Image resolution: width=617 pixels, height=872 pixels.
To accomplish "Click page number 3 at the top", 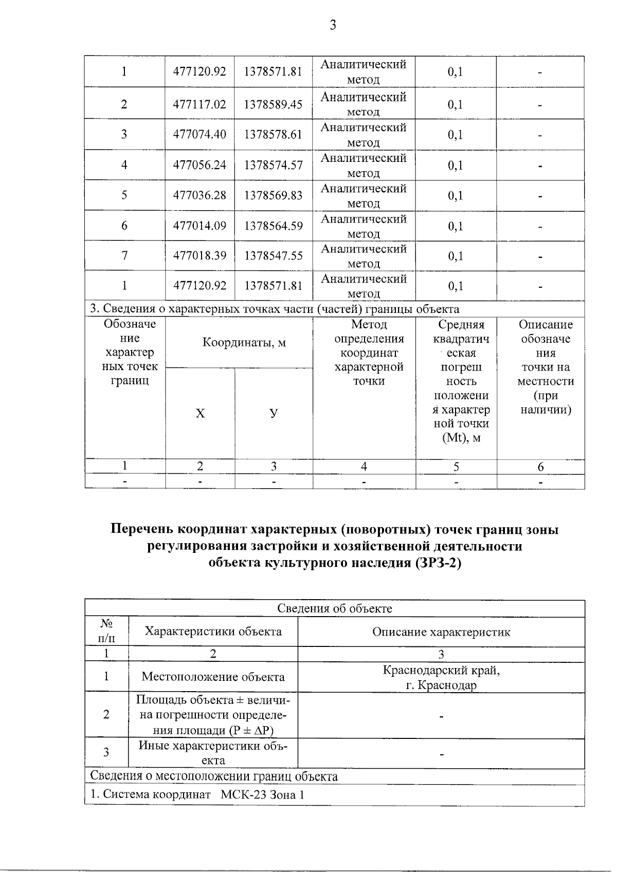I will click(x=333, y=24).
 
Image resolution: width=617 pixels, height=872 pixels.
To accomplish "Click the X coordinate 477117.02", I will click(x=199, y=104).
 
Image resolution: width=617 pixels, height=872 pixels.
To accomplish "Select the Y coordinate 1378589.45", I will click(x=273, y=104).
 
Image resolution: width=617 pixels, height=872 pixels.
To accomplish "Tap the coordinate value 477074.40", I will click(x=199, y=135).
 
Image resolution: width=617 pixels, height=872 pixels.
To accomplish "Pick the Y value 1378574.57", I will click(x=273, y=165).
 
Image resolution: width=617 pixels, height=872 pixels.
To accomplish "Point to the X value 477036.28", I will click(x=199, y=195).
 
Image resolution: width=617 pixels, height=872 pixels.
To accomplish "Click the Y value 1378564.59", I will click(x=273, y=226).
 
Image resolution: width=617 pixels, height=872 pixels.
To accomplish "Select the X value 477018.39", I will click(x=199, y=255).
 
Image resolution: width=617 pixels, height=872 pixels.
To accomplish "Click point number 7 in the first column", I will click(x=124, y=255).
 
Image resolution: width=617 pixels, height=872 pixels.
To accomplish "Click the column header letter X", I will click(x=200, y=414).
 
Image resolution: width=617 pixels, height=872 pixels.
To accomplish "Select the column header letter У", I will click(x=274, y=413).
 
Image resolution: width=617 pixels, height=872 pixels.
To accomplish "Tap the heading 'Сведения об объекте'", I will click(x=334, y=608).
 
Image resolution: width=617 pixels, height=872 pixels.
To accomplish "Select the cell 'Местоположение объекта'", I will click(x=213, y=677).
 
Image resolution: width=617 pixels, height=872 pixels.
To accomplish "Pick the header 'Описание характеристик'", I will click(x=441, y=632).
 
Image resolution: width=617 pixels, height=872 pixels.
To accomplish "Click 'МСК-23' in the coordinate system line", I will click(x=241, y=794).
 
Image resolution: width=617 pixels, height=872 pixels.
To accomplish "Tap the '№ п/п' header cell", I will click(x=106, y=631).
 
